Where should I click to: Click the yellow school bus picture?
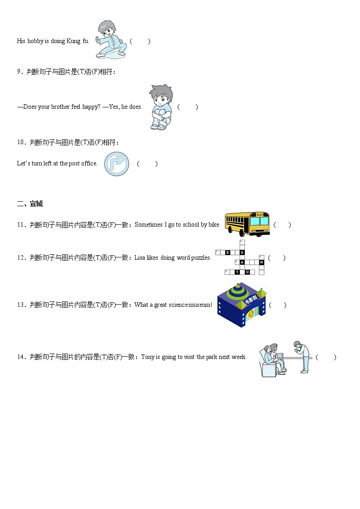[x=247, y=224]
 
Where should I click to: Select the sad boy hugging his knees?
[x=161, y=107]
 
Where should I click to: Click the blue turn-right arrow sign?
[x=117, y=164]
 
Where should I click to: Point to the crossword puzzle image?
[x=240, y=258]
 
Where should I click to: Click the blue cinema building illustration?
[x=242, y=305]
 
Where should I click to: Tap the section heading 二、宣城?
[x=30, y=204]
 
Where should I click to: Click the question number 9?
[x=19, y=72]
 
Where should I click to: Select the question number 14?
[x=21, y=357]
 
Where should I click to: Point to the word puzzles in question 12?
[x=201, y=258]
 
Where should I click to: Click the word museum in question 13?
[x=200, y=305]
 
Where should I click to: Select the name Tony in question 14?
[x=148, y=357]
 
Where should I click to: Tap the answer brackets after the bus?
[x=282, y=225]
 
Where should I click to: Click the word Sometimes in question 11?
[x=148, y=225]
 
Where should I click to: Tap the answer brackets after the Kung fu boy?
[x=140, y=41]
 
